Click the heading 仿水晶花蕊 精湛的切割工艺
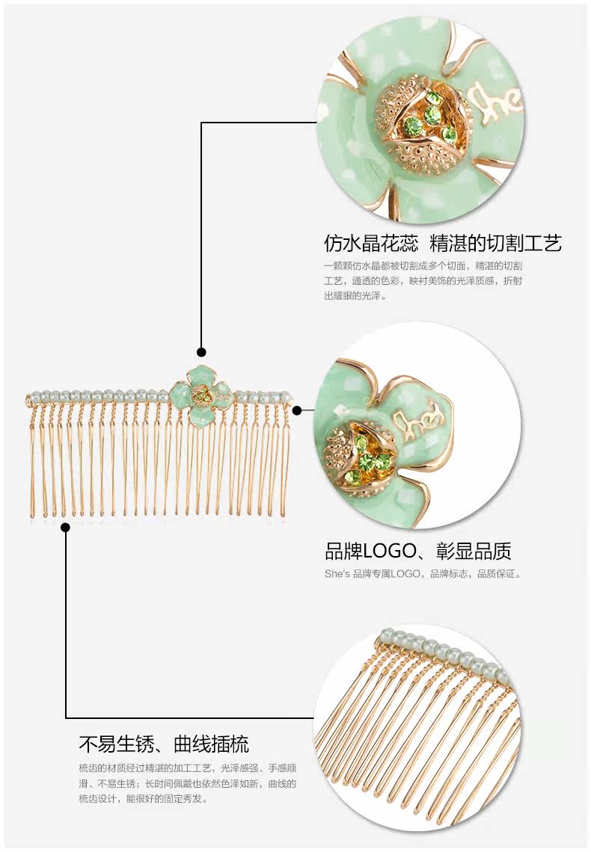[x=442, y=243]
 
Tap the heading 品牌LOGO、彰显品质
[x=417, y=552]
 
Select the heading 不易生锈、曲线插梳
[x=164, y=744]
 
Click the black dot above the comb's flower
[x=201, y=352]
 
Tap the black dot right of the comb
[x=297, y=410]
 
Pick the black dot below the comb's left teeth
[x=66, y=528]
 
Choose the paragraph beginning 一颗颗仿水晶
[x=423, y=280]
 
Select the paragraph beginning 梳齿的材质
[x=187, y=783]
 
